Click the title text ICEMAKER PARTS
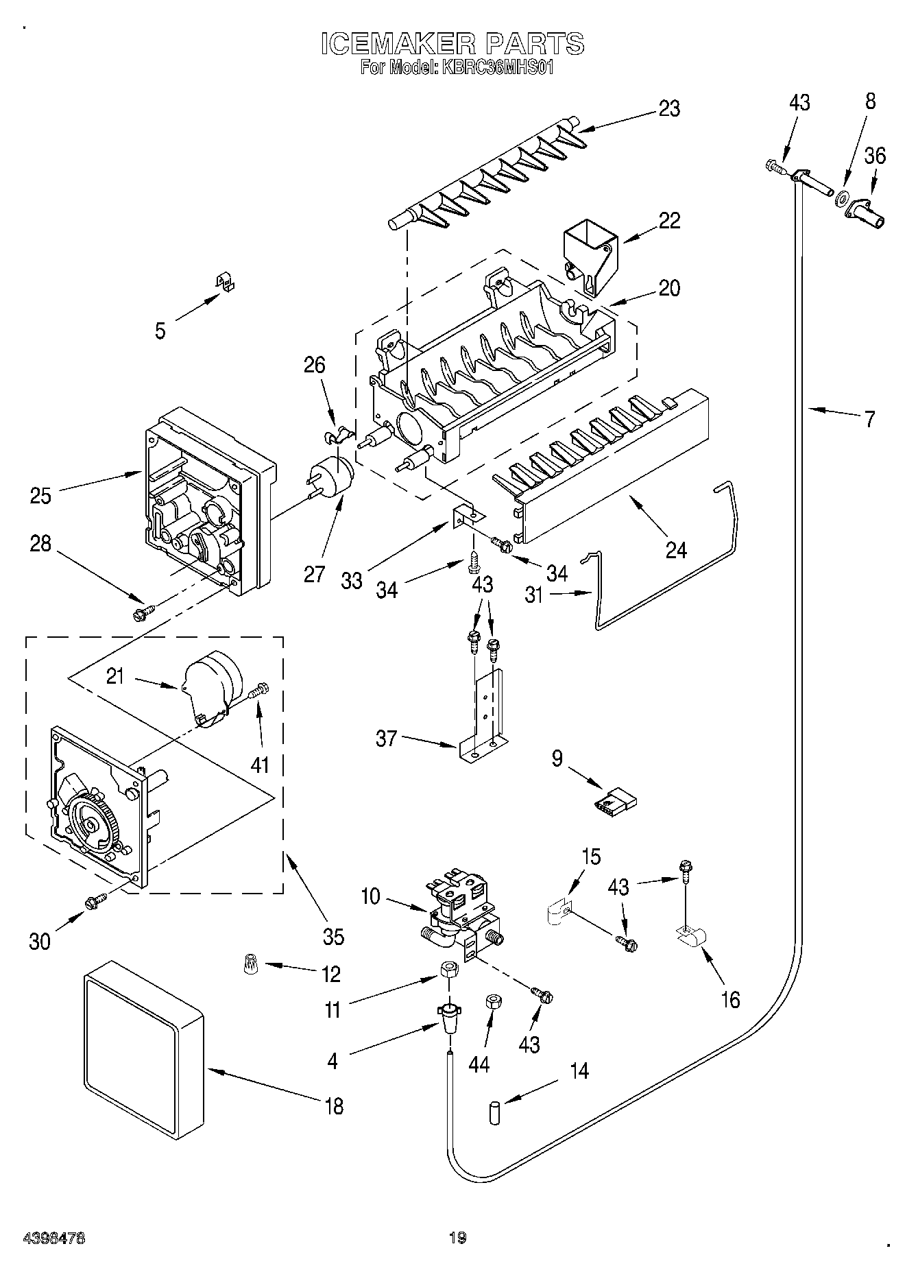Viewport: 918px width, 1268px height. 453,43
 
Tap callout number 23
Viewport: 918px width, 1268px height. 670,108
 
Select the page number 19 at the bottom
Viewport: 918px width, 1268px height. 458,1237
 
